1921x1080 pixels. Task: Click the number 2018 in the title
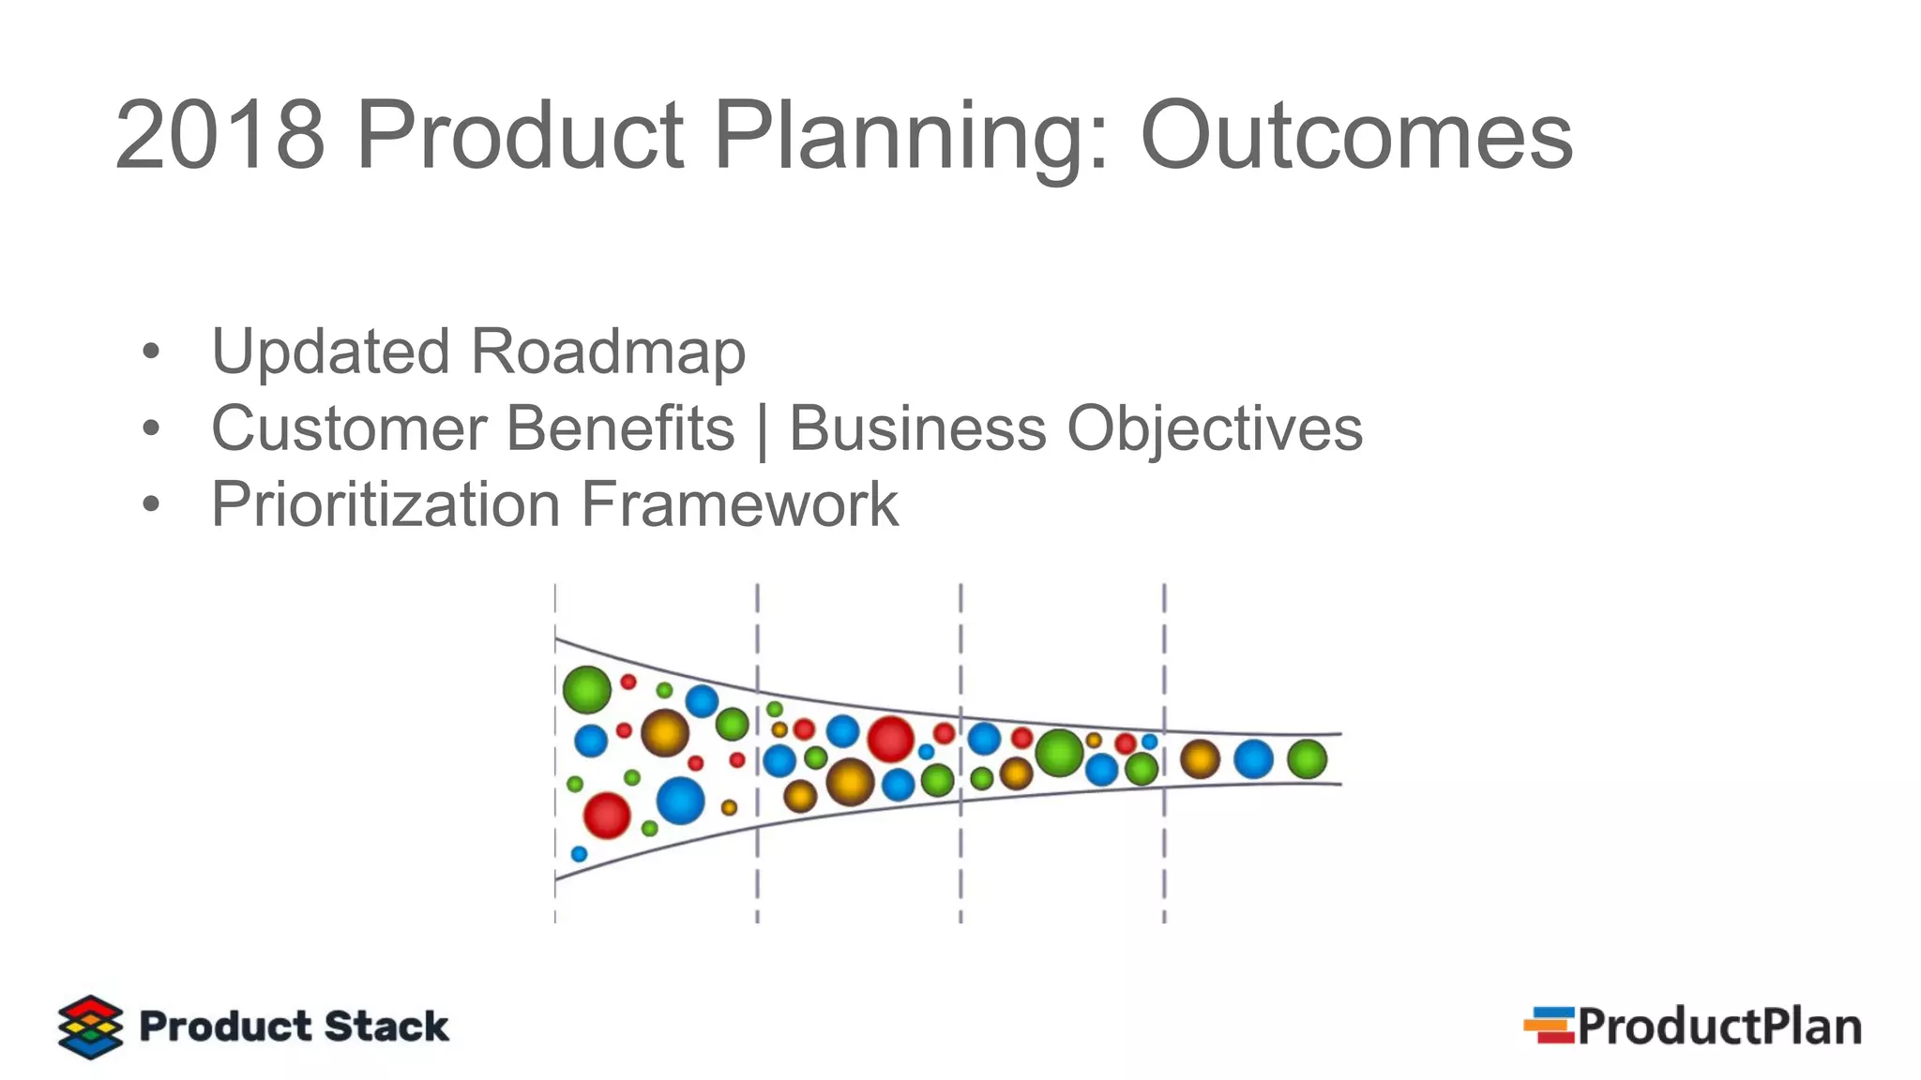click(x=219, y=136)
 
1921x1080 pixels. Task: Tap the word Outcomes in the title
click(x=1356, y=136)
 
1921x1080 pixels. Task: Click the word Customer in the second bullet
click(x=350, y=428)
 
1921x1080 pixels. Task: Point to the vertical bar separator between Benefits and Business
click(x=762, y=430)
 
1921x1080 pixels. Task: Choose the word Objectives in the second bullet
click(x=1215, y=428)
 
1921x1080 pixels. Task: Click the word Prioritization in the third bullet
click(x=386, y=505)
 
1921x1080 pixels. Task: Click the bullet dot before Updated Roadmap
click(x=151, y=353)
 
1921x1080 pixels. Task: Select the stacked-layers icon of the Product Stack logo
click(x=90, y=1027)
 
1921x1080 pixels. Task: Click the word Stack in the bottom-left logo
click(x=386, y=1027)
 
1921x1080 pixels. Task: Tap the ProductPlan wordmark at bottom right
click(x=1719, y=1027)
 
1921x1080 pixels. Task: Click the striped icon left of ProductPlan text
click(x=1549, y=1025)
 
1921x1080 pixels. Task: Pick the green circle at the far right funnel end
click(x=1307, y=759)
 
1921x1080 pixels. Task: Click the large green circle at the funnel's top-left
click(x=587, y=690)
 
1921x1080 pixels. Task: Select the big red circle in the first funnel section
click(x=607, y=815)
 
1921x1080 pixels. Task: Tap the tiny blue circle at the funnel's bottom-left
click(x=579, y=854)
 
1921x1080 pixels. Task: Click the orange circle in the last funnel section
click(x=1199, y=759)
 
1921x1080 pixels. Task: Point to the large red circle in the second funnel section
click(x=890, y=740)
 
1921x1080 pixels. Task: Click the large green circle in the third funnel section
click(x=1059, y=753)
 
